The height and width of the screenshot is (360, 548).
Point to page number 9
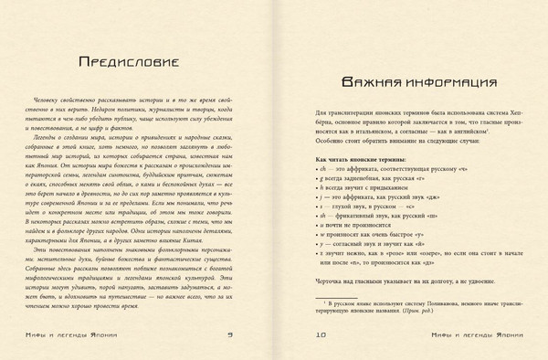240,334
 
